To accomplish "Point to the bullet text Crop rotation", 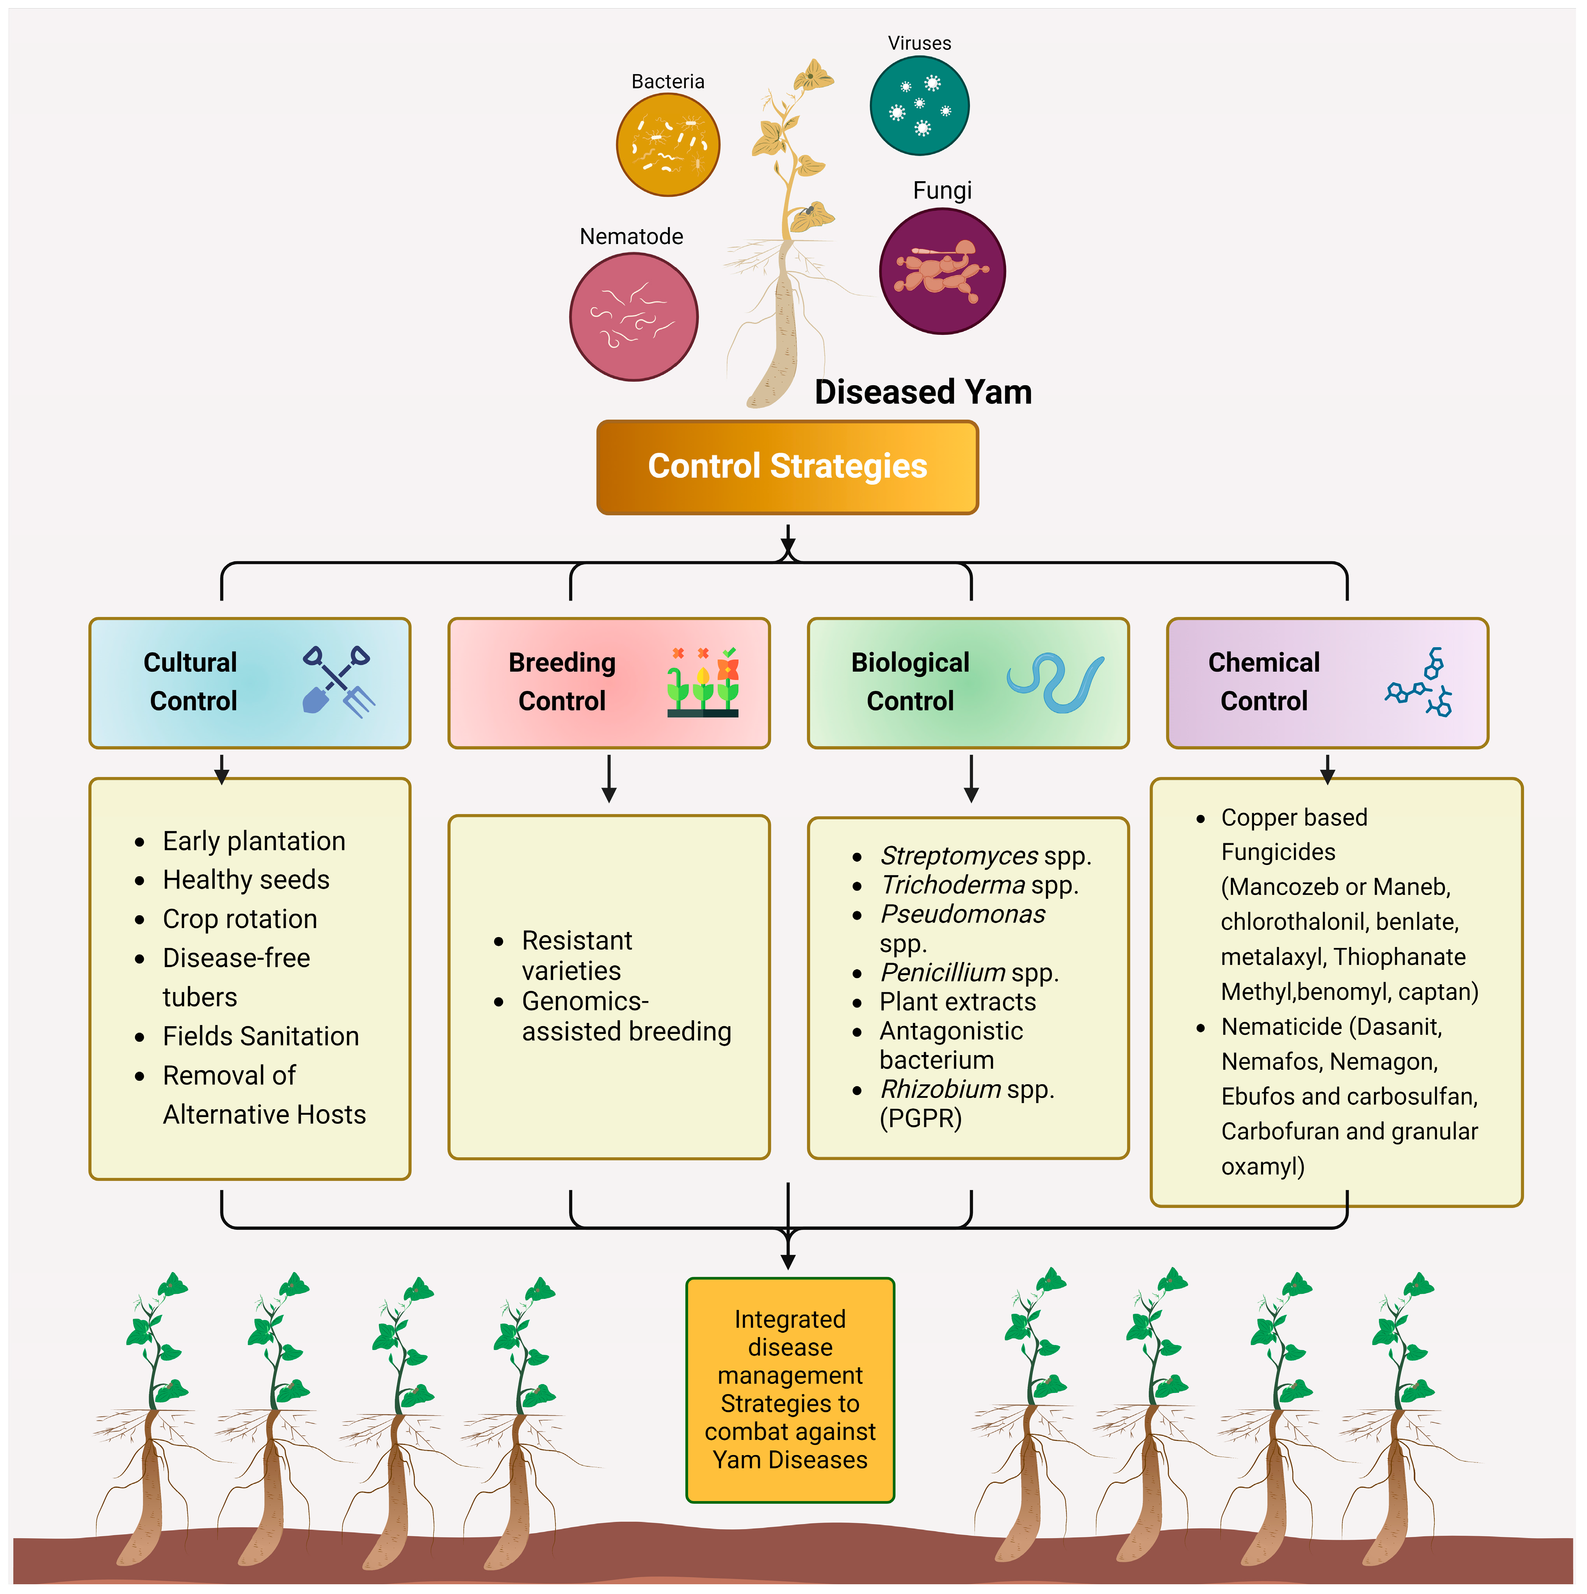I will (239, 918).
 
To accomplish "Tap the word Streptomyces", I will (958, 856).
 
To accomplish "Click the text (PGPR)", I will (920, 1119).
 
